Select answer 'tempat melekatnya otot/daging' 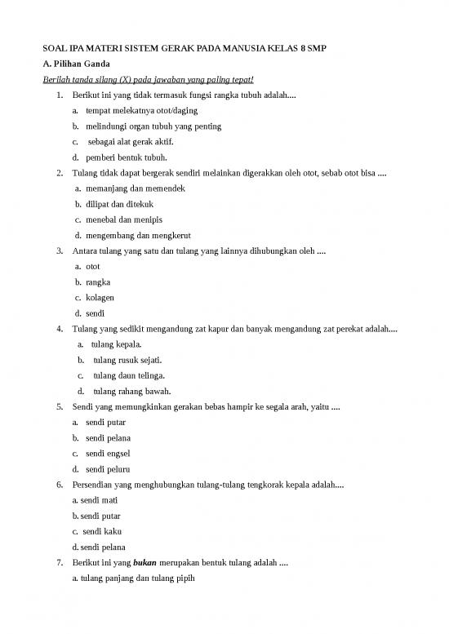[140, 111]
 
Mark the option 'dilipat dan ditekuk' [119, 204]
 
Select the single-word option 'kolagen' [100, 298]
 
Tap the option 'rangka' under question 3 [98, 282]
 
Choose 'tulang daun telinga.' [128, 375]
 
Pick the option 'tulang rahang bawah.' [131, 391]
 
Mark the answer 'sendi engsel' [108, 454]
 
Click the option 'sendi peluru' [108, 469]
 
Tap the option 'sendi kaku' [102, 531]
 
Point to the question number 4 [60, 329]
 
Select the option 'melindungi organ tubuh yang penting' [153, 126]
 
